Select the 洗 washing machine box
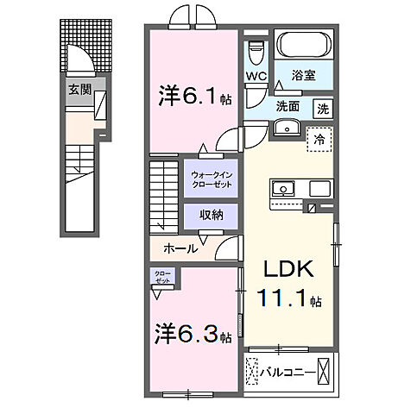tap(322, 110)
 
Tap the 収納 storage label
tap(212, 215)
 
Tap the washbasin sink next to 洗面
tap(287, 129)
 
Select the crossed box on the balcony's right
tap(324, 371)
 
